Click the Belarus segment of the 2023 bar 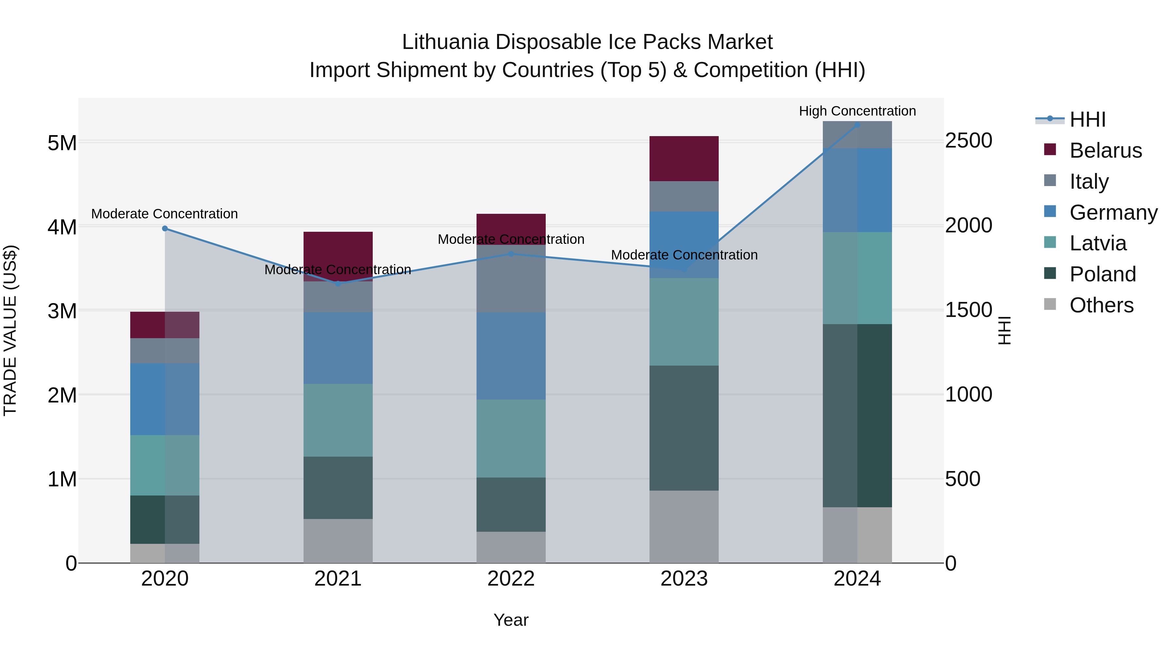coord(684,158)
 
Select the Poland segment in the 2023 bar coord(684,428)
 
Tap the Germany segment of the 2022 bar coord(511,356)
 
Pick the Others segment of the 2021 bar coord(338,541)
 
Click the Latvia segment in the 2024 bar coord(857,278)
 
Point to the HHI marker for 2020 coord(165,228)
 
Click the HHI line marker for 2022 coord(511,254)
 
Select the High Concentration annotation coord(857,111)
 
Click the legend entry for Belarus coord(1105,150)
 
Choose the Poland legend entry coord(1103,274)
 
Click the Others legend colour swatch coord(1050,304)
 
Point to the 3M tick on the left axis coord(62,311)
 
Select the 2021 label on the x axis coord(338,579)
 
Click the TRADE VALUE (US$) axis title coord(10,330)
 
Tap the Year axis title coord(511,620)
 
